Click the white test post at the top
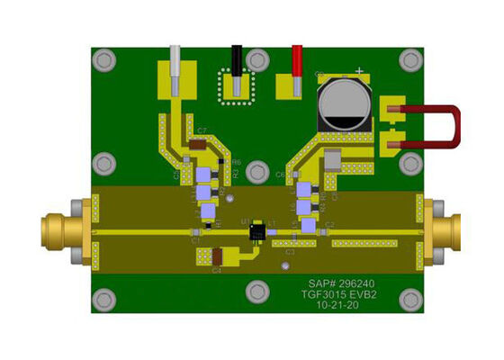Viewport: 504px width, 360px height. point(175,66)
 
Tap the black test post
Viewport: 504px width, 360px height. point(237,67)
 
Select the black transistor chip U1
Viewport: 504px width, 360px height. point(258,232)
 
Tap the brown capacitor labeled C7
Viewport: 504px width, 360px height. point(196,144)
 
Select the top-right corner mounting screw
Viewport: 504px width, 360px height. point(410,60)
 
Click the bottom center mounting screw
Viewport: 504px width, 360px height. point(258,291)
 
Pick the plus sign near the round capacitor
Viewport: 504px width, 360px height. point(360,71)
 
